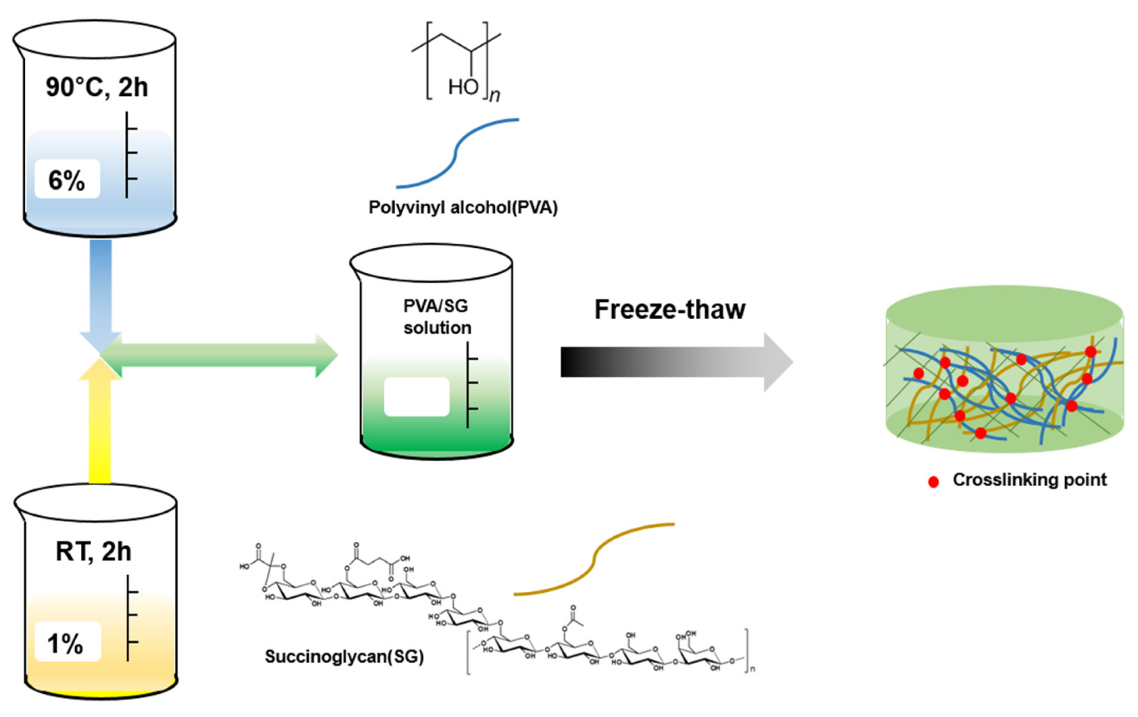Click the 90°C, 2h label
coord(96,87)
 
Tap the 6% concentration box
coord(67,180)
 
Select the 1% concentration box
coord(67,642)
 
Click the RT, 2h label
coord(93,551)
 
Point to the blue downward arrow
coord(100,292)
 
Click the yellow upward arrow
coord(100,422)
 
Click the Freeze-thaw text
coord(670,310)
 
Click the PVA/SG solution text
coord(437,317)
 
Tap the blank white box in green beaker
coord(416,397)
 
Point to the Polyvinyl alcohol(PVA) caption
coord(463,207)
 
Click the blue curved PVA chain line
coord(457,151)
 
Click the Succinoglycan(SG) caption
coord(344,656)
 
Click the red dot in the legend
coord(934,482)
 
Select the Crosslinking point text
coord(1029,479)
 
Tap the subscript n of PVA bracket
coord(494,95)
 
